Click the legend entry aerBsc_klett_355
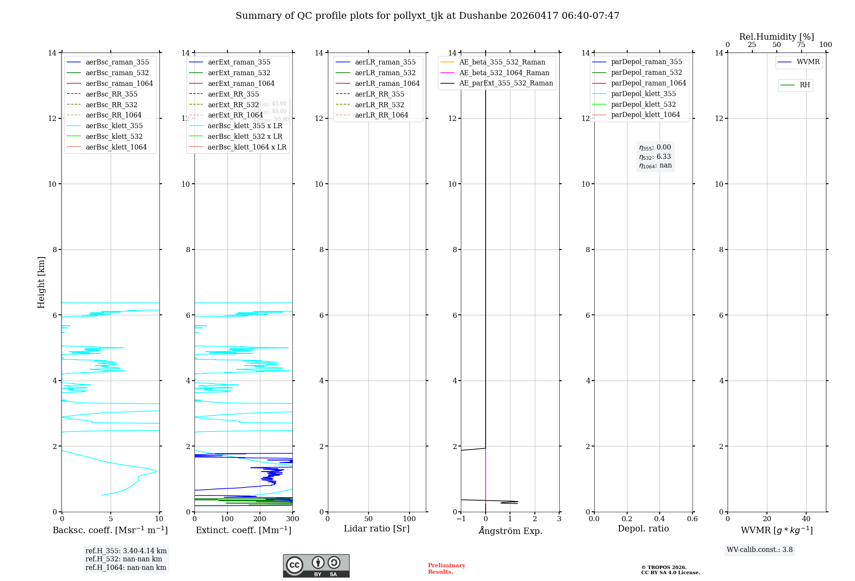114,126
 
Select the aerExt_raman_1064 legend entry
241,83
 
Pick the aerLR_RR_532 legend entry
379,105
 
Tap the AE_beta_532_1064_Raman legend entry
504,73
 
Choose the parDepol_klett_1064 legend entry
645,114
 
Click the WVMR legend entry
808,62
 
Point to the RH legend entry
805,85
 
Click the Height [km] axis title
41,282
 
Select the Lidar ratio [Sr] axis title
377,528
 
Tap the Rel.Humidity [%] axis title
776,37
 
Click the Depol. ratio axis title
643,528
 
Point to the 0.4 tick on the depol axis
660,519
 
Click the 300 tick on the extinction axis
292,519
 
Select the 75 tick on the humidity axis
801,45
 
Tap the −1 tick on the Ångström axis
461,519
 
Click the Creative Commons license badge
316,566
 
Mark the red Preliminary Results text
446,569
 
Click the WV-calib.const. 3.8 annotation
760,550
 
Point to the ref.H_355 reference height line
126,551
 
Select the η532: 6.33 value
655,157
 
